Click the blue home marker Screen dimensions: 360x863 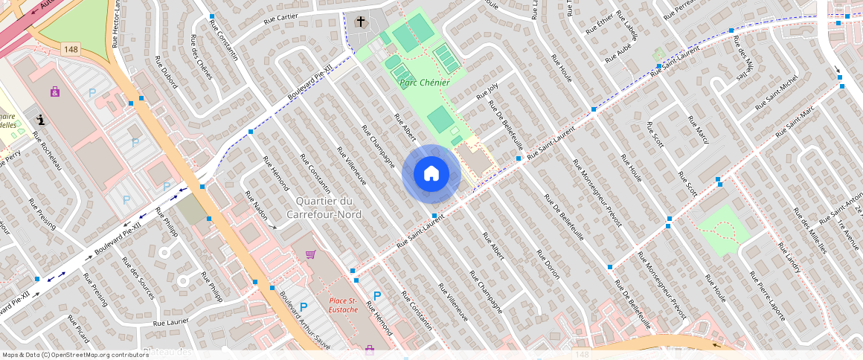(431, 174)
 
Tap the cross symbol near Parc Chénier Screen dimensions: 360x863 (361, 22)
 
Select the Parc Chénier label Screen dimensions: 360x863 (424, 83)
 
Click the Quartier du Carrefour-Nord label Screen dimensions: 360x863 (334, 208)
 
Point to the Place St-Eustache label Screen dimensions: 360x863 (344, 305)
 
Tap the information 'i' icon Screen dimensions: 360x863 (40, 118)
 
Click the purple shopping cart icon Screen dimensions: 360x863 (310, 254)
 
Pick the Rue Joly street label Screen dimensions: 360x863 (487, 91)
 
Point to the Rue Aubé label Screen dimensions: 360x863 (617, 54)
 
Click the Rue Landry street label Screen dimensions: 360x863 (788, 257)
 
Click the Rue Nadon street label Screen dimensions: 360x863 (255, 204)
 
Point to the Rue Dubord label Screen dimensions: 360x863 (165, 72)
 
